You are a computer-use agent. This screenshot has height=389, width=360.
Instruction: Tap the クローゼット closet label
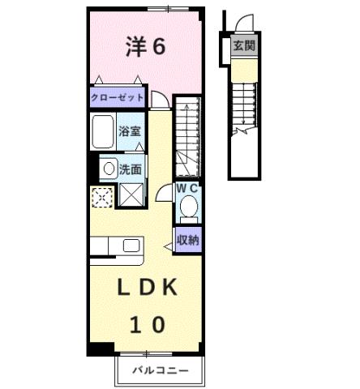click(117, 97)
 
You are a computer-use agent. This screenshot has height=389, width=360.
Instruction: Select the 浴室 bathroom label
click(129, 130)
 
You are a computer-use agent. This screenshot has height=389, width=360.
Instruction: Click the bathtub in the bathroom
click(102, 131)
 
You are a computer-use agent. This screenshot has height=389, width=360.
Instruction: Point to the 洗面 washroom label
click(131, 169)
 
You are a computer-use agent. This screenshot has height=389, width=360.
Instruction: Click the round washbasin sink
click(108, 169)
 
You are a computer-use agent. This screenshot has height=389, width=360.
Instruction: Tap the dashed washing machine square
click(101, 196)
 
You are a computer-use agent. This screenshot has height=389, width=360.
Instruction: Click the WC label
click(188, 188)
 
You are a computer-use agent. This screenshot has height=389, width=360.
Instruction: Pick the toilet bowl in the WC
click(189, 208)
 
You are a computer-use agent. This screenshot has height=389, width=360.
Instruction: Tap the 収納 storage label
click(189, 240)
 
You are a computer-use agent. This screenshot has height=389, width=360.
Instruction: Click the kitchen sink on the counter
click(131, 246)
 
